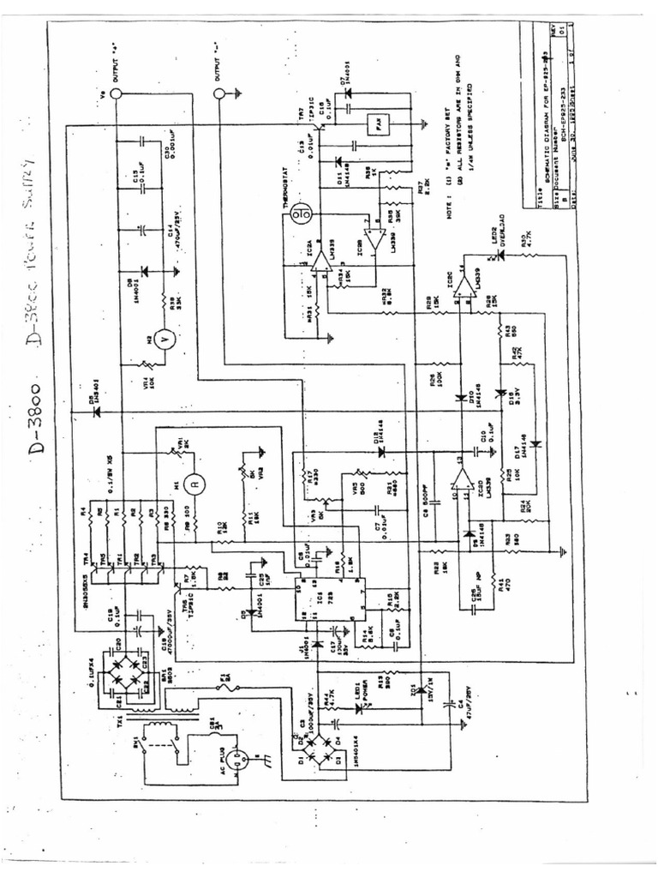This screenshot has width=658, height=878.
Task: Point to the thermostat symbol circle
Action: (x=299, y=212)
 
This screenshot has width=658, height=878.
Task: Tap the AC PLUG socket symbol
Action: (x=242, y=760)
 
